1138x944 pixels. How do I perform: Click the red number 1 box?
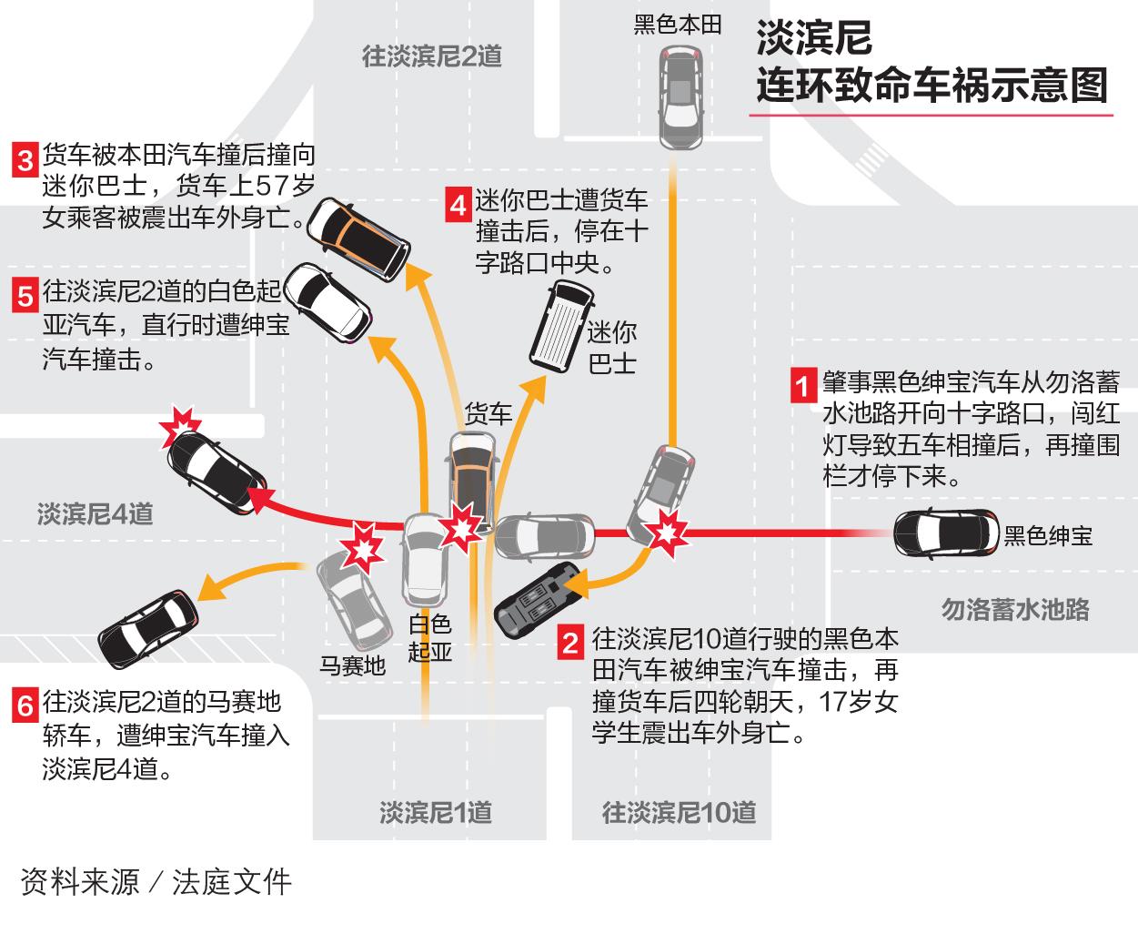803,385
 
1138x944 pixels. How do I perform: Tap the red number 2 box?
570,643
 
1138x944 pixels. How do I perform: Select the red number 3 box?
25,160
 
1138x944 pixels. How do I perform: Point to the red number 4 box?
458,205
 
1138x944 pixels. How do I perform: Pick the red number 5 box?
25,295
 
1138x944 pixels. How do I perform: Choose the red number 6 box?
25,705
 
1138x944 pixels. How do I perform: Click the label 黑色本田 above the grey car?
678,25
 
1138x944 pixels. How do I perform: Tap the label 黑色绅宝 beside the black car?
1048,535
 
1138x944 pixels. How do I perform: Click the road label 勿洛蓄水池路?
1015,609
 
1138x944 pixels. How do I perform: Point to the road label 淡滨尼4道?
96,513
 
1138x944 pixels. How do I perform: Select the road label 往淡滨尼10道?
679,813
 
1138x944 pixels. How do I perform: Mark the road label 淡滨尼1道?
436,813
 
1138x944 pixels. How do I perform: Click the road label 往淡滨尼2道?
432,56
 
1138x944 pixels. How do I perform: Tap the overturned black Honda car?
539,599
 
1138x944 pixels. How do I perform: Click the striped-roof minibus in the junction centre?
562,327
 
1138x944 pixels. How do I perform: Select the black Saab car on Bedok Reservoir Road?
947,533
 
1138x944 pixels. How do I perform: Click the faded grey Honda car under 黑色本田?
680,97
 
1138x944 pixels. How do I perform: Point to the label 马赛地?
352,665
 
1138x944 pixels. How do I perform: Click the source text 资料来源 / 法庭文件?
156,882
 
